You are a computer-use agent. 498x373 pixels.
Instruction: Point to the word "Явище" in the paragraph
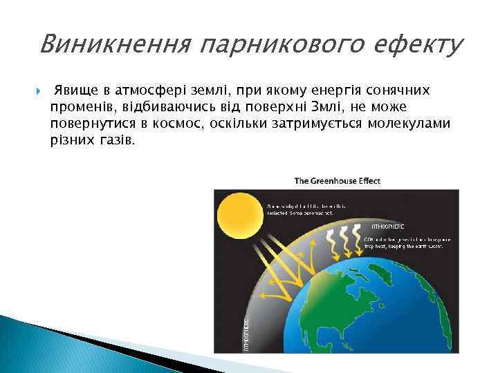[x=77, y=90]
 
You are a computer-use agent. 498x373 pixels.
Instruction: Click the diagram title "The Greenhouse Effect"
[x=338, y=181]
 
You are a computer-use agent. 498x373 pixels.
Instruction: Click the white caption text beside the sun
[x=307, y=209]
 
